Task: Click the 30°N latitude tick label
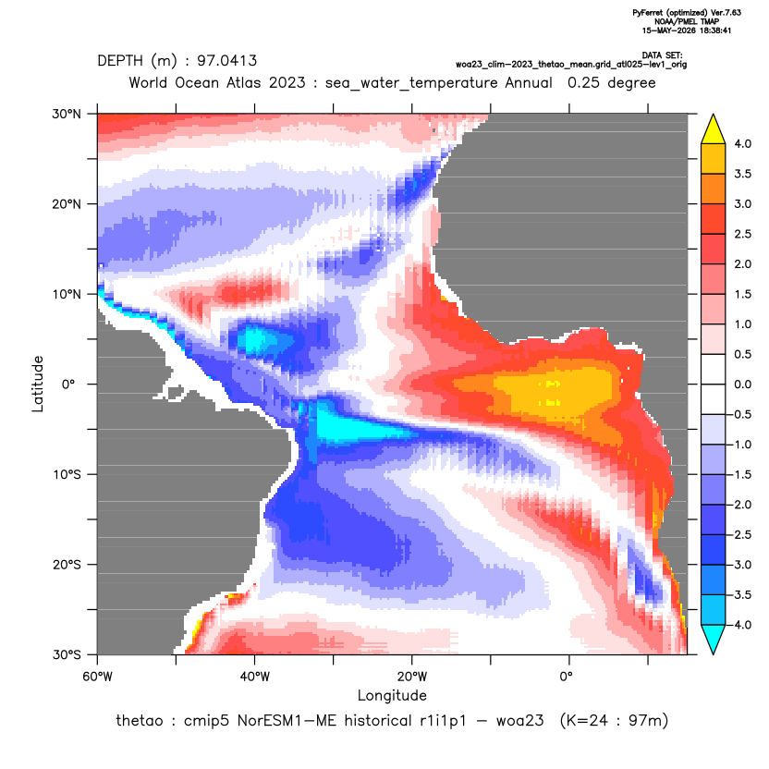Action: (67, 115)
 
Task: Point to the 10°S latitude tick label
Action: (67, 475)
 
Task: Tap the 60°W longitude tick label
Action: (98, 677)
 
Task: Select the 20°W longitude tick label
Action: (412, 677)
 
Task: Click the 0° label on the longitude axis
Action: (566, 677)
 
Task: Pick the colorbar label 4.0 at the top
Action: (742, 143)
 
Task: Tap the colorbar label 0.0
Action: (742, 384)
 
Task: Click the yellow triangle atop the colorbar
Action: (714, 130)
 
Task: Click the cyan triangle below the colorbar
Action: (714, 638)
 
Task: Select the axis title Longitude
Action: (392, 695)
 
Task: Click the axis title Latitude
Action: (38, 384)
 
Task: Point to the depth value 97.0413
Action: (227, 61)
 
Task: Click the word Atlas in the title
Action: (243, 82)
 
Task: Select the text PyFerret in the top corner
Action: (648, 13)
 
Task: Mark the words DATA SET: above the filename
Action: (662, 55)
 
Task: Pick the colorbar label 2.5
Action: (742, 234)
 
